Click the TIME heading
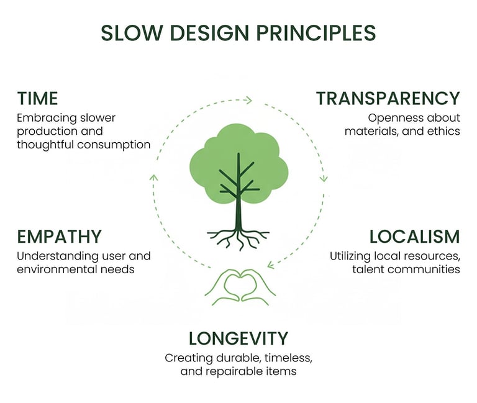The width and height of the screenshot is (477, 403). [x=37, y=98]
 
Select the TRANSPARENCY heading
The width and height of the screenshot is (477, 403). [x=388, y=98]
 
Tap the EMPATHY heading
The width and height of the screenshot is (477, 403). [x=59, y=237]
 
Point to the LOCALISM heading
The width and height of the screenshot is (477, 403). [x=414, y=237]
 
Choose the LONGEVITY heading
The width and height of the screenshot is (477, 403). [x=238, y=338]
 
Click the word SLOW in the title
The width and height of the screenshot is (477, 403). [x=128, y=32]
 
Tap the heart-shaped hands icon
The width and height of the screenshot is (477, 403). [x=240, y=286]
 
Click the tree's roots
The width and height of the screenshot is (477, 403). [x=238, y=237]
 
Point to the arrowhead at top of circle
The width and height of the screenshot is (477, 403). [x=248, y=99]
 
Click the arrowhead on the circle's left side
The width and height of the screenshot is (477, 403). [x=153, y=178]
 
